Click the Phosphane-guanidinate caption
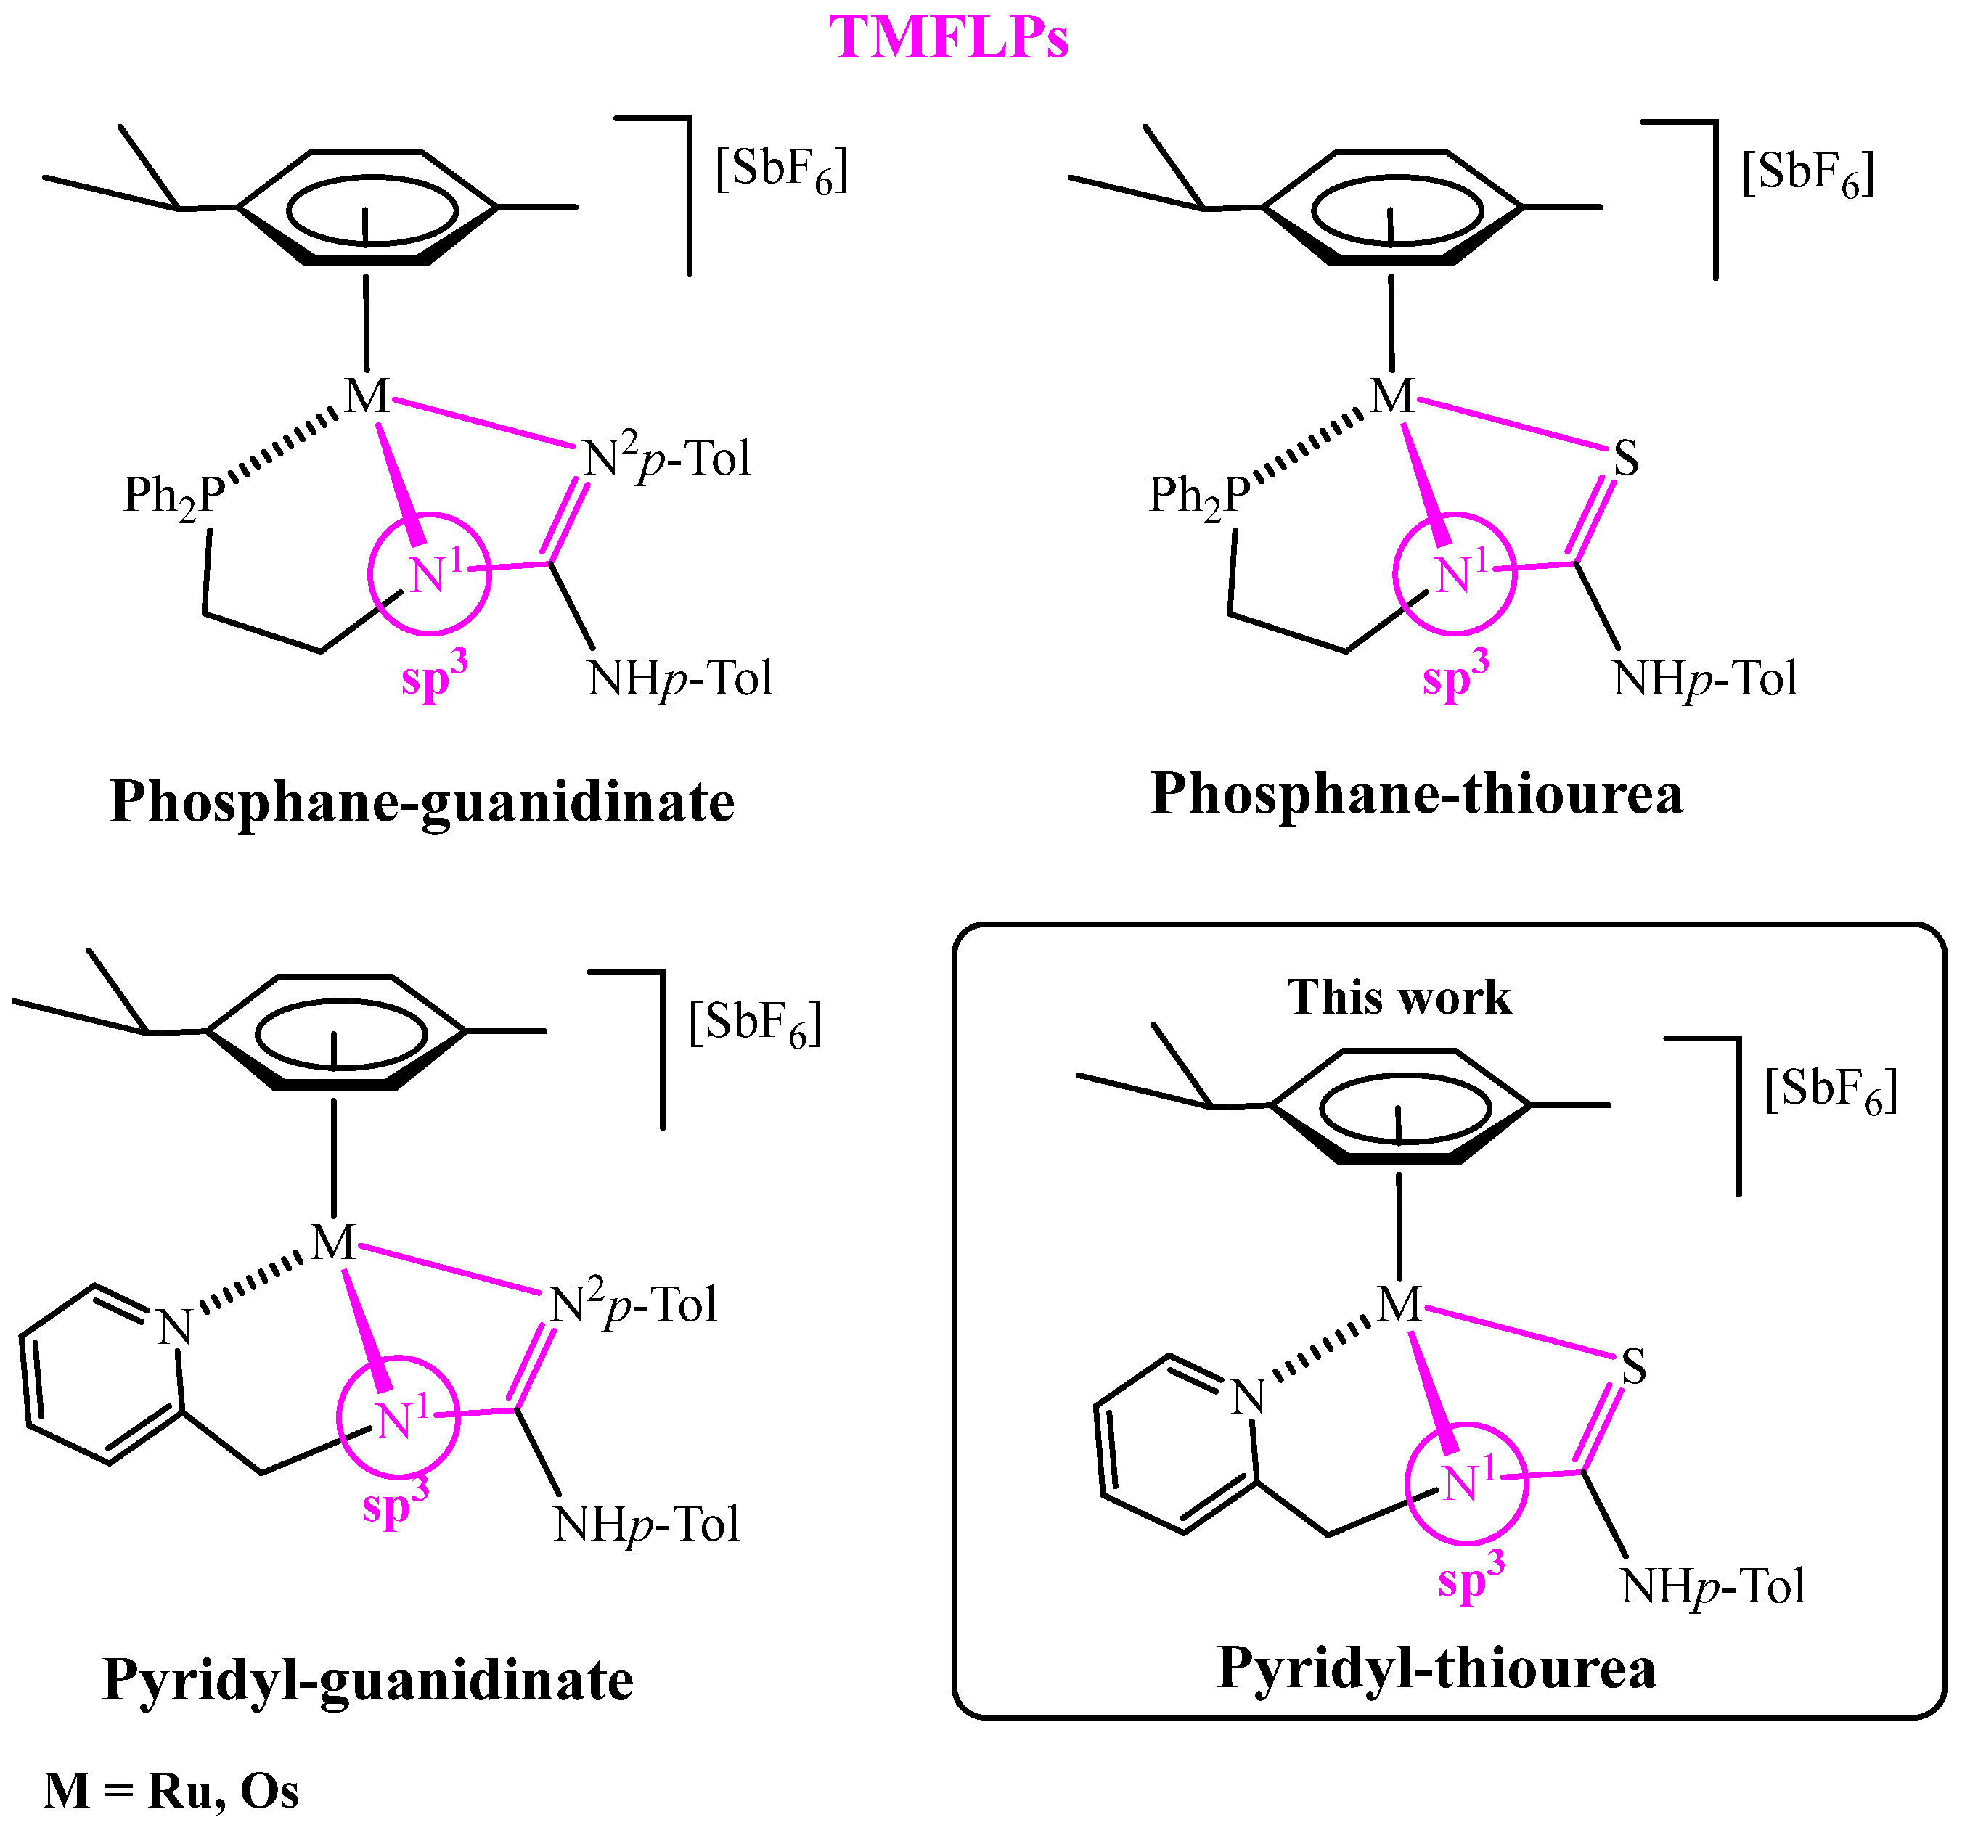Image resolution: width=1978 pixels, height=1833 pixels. [422, 801]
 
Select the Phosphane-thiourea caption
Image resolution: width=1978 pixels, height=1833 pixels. [1417, 794]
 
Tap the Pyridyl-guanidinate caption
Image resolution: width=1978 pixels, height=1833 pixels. [368, 1679]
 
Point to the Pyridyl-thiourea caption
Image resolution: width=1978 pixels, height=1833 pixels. [1436, 1666]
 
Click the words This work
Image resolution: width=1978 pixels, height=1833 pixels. [1399, 997]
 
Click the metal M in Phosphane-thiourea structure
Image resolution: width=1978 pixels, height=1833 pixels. [1391, 397]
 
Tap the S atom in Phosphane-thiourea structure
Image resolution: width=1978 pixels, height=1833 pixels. [1626, 459]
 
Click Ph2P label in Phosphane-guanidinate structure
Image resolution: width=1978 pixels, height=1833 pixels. [173, 495]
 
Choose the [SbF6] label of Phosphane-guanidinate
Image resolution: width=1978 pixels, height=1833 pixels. [782, 170]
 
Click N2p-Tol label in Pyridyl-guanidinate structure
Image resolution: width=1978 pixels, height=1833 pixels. [633, 1304]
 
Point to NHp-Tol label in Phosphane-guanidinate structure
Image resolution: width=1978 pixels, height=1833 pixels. [679, 678]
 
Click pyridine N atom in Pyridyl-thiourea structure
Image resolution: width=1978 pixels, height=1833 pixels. [1248, 1398]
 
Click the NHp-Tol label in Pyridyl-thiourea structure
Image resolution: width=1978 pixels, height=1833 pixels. [1712, 1586]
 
